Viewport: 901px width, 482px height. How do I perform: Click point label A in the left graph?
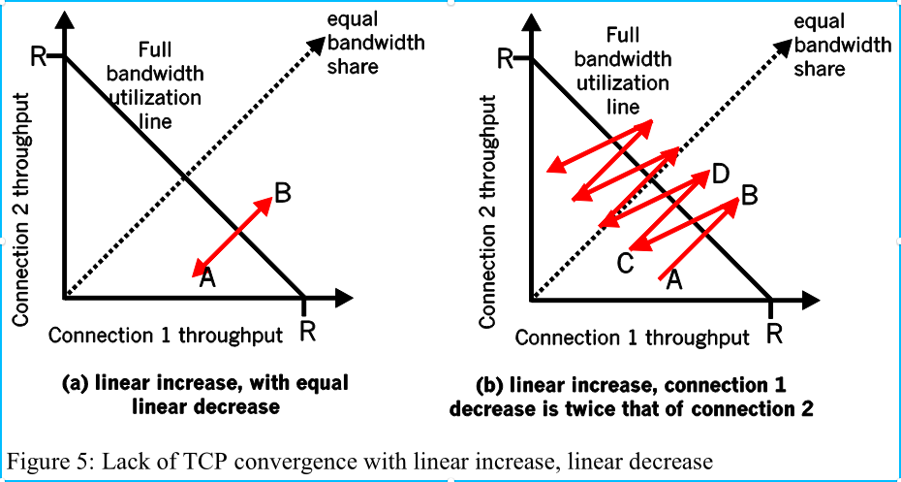(207, 278)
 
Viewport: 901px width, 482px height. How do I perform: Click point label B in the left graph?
(283, 194)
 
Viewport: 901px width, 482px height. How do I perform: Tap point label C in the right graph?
(626, 263)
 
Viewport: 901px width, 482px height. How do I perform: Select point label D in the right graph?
(720, 175)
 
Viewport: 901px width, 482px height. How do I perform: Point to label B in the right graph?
(749, 196)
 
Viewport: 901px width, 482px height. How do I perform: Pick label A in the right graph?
(675, 279)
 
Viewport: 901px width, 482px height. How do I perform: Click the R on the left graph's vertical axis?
(39, 56)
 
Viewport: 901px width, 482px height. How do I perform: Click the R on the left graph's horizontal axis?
(308, 332)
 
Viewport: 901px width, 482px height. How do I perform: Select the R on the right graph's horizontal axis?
(775, 335)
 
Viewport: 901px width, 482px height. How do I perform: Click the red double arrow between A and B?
(232, 236)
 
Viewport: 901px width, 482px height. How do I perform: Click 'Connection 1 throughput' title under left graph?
(166, 336)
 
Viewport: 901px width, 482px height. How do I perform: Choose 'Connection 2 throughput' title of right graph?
(488, 209)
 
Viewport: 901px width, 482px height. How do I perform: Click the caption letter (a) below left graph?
(76, 383)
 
